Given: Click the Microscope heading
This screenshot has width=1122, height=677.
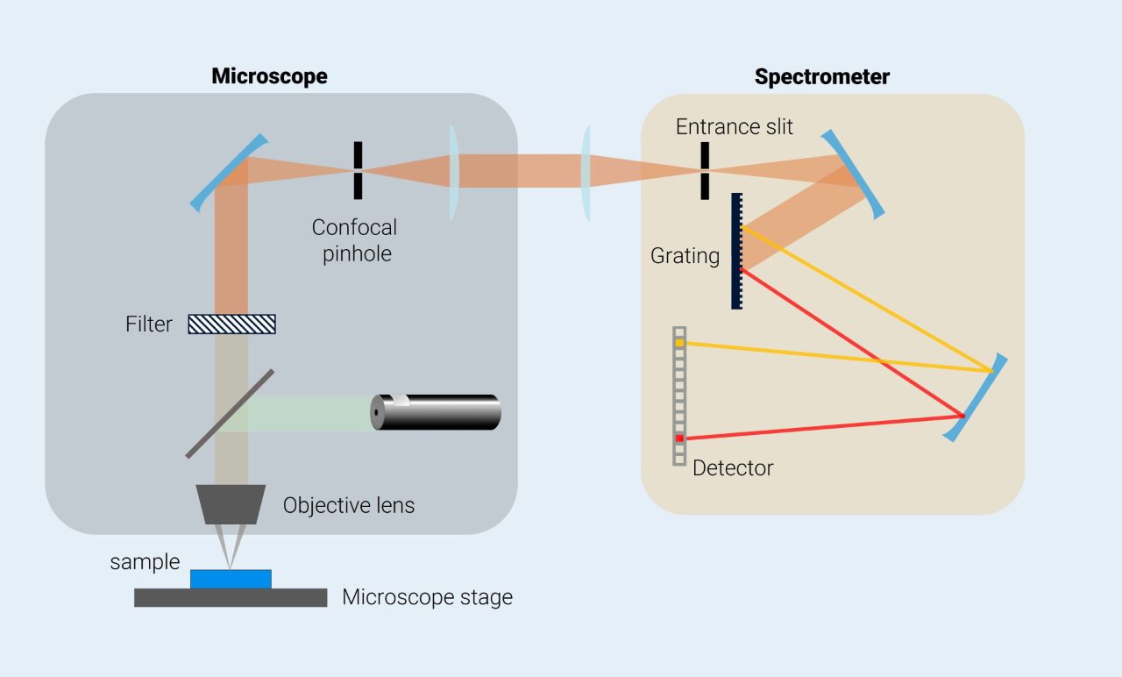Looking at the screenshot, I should coord(269,76).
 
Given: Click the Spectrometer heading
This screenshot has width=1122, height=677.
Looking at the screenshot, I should coord(821,77).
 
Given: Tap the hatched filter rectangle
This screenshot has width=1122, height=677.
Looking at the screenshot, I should coord(232,324).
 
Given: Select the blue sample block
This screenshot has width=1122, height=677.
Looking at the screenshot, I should coord(231,579).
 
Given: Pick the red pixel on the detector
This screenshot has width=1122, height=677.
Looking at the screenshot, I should coord(679,438).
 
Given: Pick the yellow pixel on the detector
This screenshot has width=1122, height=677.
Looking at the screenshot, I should coord(679,343).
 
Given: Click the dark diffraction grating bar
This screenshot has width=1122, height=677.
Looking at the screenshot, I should coord(736,251).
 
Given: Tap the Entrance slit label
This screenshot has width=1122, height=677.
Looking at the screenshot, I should coord(734,127).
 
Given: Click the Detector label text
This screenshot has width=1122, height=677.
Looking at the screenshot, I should coord(733,468).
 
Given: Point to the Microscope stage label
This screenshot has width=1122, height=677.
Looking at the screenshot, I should coord(427,598).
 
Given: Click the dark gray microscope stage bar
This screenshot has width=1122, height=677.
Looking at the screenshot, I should coord(231,597).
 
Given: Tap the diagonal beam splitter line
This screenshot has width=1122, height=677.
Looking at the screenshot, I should coord(230,414).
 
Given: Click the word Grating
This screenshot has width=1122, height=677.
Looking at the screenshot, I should coord(685,256).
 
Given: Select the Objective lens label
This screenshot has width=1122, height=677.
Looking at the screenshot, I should coord(349,506).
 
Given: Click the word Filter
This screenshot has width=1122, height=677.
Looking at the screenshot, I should coord(149,324).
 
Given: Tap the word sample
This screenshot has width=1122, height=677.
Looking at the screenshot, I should coord(145,562).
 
